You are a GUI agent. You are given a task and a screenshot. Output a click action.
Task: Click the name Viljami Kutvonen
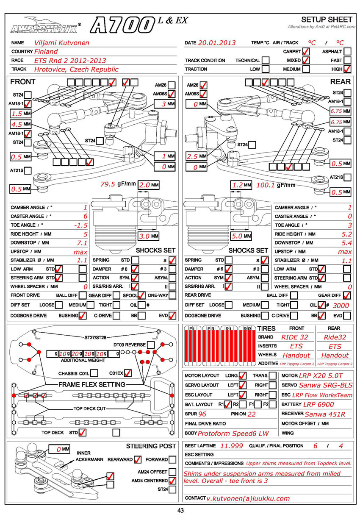click(62, 43)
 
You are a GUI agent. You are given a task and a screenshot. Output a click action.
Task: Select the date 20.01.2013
click(217, 43)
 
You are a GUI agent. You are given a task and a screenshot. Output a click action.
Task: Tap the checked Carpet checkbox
click(306, 51)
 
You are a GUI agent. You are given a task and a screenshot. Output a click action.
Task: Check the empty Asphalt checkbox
click(347, 51)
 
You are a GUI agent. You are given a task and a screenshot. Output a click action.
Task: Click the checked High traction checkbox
click(347, 69)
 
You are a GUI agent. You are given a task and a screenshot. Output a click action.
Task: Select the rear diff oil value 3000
click(341, 305)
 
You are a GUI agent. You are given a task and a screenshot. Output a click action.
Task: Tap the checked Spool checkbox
click(141, 295)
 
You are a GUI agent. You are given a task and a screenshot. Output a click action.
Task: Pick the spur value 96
click(202, 414)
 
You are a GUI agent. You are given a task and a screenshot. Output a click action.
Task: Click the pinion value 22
click(252, 414)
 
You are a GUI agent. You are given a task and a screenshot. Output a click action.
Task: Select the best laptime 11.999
click(232, 446)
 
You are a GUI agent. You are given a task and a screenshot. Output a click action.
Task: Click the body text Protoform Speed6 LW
click(233, 434)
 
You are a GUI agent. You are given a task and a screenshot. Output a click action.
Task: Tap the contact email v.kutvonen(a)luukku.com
click(249, 499)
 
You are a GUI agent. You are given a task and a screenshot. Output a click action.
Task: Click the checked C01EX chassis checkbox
click(127, 373)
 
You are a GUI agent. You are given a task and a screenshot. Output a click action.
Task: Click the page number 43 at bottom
click(180, 511)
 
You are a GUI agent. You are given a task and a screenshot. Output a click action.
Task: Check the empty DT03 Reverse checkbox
click(150, 345)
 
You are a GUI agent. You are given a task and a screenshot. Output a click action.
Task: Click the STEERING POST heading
click(151, 446)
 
